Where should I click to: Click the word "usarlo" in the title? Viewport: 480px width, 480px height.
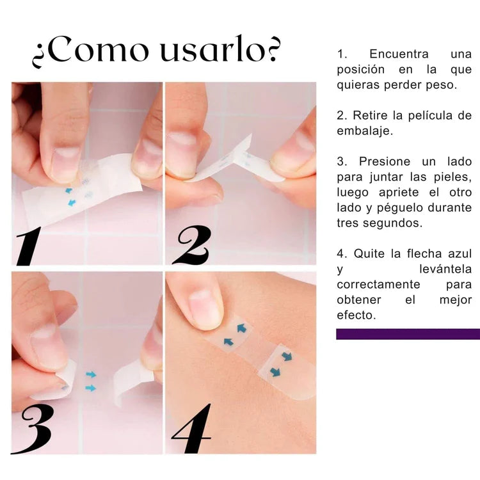[210, 49]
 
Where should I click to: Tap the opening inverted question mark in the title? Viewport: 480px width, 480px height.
[38, 56]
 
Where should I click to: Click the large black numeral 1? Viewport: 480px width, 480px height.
[29, 246]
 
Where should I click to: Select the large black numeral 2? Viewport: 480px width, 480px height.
[192, 245]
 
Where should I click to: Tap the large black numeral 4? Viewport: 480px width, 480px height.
[192, 428]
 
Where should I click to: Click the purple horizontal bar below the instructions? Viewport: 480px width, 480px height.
[408, 334]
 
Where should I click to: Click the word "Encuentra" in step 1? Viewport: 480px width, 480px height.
[399, 54]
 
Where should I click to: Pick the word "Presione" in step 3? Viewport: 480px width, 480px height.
[385, 161]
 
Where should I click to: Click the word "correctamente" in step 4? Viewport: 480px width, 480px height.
[378, 284]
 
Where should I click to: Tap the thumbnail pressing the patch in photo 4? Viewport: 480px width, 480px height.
[204, 308]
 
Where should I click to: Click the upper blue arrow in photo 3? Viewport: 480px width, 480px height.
[91, 374]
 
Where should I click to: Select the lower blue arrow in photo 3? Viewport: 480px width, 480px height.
[91, 388]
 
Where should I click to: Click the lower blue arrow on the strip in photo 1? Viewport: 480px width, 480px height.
[72, 202]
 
